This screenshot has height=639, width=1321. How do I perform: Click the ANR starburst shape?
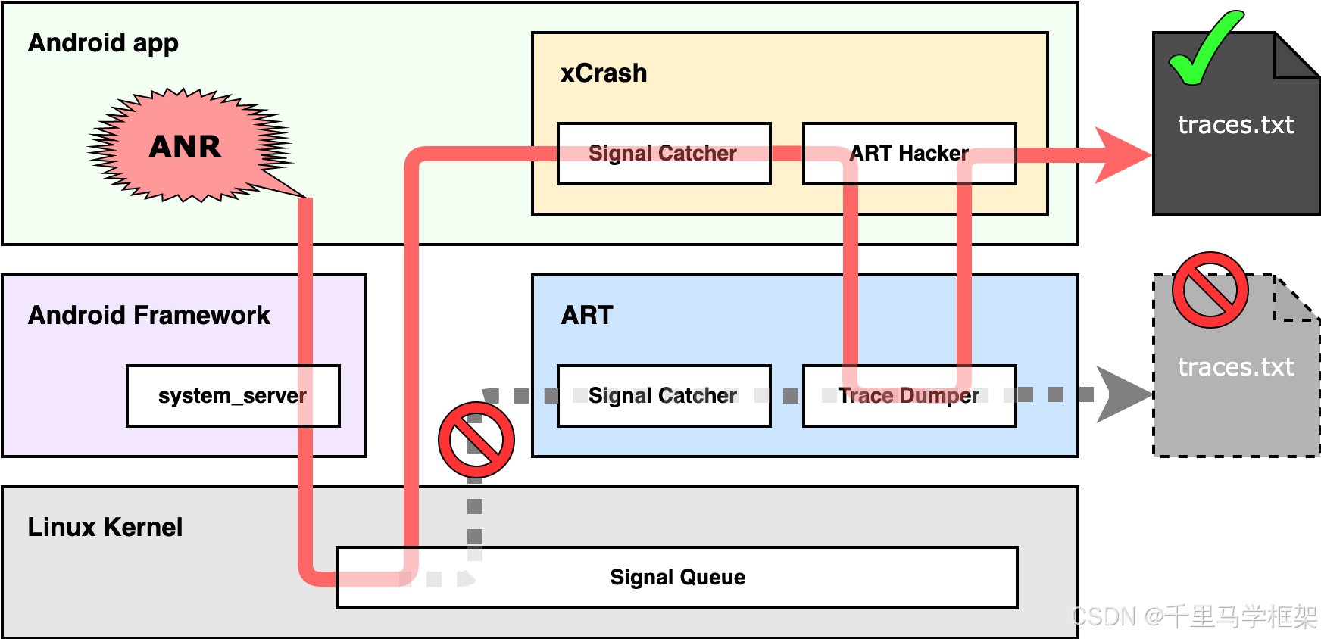[x=186, y=146]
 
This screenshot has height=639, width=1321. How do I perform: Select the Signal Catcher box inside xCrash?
[x=664, y=154]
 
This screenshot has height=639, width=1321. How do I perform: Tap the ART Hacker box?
[x=909, y=154]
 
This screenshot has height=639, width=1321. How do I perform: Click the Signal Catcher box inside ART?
[x=664, y=396]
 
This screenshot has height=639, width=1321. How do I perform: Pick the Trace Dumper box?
[x=909, y=396]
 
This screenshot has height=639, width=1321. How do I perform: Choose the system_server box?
[x=233, y=396]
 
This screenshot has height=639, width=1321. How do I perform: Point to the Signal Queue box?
[x=677, y=578]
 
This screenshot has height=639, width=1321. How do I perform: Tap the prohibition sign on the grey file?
[x=1210, y=290]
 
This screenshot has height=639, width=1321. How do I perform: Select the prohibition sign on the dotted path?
[x=476, y=440]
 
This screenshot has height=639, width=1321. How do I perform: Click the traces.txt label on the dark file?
[x=1235, y=125]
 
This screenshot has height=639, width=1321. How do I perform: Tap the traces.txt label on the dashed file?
[x=1235, y=367]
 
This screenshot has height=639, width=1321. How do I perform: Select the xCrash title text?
[x=604, y=73]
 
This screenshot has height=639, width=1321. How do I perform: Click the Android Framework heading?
[x=149, y=315]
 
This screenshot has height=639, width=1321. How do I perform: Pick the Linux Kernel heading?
[x=105, y=527]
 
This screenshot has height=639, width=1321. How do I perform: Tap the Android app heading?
[x=104, y=43]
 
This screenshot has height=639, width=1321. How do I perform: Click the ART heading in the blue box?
[x=587, y=315]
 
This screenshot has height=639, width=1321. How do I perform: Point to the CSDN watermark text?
[x=1195, y=617]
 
